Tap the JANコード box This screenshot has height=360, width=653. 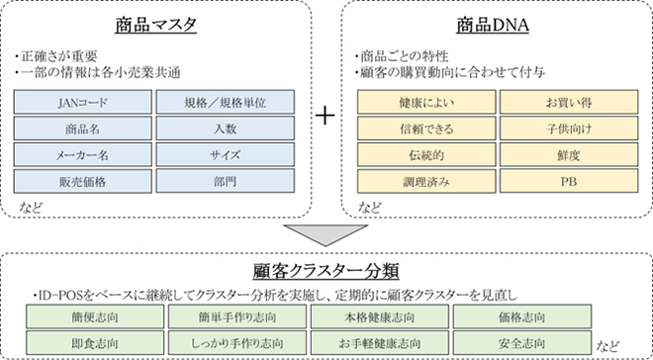click(x=83, y=102)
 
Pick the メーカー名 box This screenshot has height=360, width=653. click(x=83, y=154)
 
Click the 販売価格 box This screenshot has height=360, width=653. click(x=83, y=181)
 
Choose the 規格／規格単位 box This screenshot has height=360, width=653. click(x=226, y=102)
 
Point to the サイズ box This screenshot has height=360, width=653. click(x=226, y=154)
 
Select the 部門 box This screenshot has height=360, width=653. click(x=226, y=181)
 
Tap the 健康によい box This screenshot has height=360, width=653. click(x=424, y=102)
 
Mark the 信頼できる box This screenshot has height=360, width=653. click(x=424, y=129)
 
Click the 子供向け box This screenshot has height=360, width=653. click(x=567, y=129)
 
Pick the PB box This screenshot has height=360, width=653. click(x=567, y=181)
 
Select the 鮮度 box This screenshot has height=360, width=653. click(x=567, y=154)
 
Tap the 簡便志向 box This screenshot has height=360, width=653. click(x=92, y=317)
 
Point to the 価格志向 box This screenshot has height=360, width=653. click(x=522, y=317)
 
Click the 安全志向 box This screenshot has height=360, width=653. click(x=522, y=342)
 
